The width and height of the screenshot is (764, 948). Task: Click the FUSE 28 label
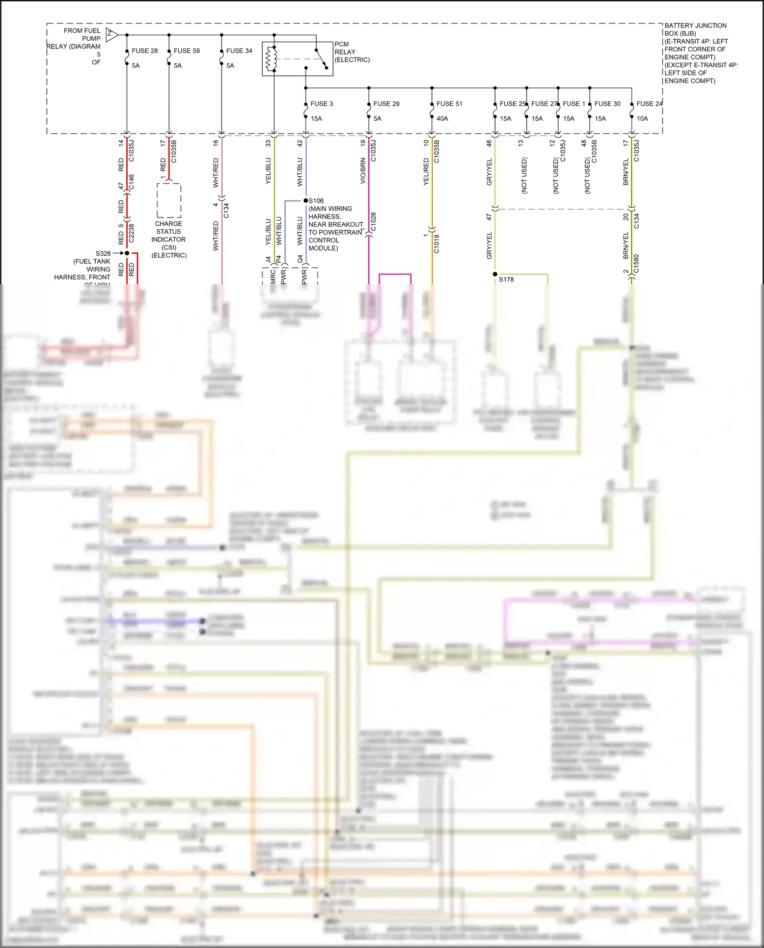[145, 51]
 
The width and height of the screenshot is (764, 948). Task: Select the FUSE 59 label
[186, 51]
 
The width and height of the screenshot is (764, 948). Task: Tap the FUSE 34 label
[239, 51]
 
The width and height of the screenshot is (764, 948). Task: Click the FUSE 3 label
[321, 104]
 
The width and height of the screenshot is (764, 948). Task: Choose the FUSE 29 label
[386, 104]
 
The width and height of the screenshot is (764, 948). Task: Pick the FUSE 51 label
[449, 104]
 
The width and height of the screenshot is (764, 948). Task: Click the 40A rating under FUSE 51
[442, 119]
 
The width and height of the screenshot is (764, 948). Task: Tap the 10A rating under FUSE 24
[642, 119]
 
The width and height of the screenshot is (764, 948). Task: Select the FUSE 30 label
[607, 104]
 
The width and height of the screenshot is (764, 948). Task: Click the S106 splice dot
[306, 201]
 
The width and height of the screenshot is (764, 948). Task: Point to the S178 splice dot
[495, 274]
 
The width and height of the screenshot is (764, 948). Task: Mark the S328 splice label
[103, 253]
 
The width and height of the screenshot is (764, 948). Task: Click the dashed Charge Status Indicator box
[169, 201]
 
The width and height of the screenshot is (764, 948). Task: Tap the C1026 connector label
[373, 222]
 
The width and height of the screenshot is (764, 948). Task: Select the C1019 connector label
[436, 243]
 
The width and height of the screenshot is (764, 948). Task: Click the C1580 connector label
[636, 264]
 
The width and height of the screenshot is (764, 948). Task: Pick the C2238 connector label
[131, 233]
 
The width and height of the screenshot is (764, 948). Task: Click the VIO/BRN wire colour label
[363, 171]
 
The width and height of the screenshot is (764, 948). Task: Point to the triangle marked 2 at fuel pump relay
[112, 35]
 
